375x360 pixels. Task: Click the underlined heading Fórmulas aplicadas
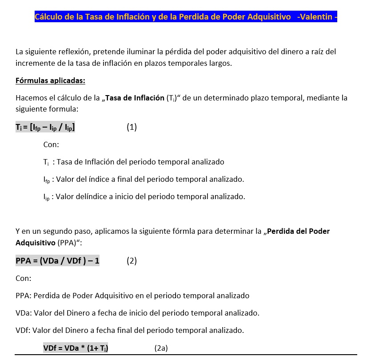[x=50, y=80]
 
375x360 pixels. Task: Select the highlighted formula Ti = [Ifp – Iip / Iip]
[x=45, y=127]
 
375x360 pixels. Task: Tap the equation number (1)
[x=132, y=127]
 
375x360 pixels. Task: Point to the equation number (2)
[x=132, y=261]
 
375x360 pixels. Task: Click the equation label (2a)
[x=161, y=348]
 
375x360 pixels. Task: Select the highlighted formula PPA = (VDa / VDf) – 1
[x=57, y=261]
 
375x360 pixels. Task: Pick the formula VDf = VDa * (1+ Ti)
[x=76, y=348]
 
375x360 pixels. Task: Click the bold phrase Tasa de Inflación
[x=135, y=98]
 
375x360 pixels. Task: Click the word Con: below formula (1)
[x=51, y=144]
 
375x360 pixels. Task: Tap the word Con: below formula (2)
[x=24, y=278]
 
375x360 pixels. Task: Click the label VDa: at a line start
[x=23, y=313]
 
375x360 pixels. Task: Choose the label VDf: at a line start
[x=23, y=330]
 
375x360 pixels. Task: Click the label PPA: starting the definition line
[x=24, y=296]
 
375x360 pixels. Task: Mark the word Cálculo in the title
[x=49, y=17]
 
